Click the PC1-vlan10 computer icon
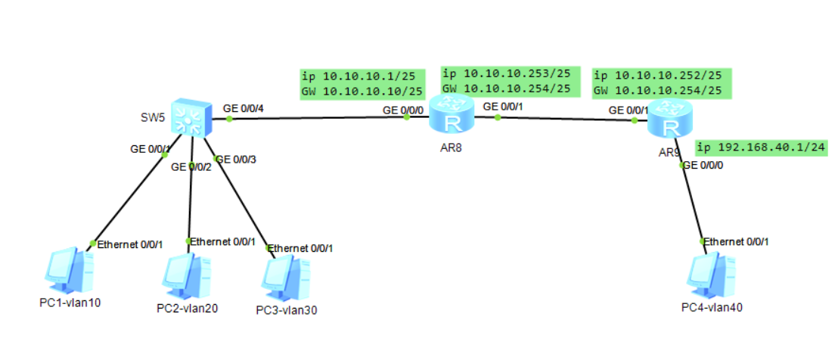pyautogui.click(x=69, y=271)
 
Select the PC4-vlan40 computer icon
pyautogui.click(x=712, y=275)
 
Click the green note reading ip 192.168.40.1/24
pyautogui.click(x=760, y=148)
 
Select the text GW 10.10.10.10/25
pyautogui.click(x=362, y=92)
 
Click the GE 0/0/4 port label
pyautogui.click(x=244, y=108)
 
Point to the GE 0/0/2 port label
pyautogui.click(x=191, y=166)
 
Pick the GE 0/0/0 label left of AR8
pyautogui.click(x=403, y=110)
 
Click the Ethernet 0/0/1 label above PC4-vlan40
pyautogui.click(x=737, y=241)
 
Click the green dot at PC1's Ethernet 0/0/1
pyautogui.click(x=92, y=244)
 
